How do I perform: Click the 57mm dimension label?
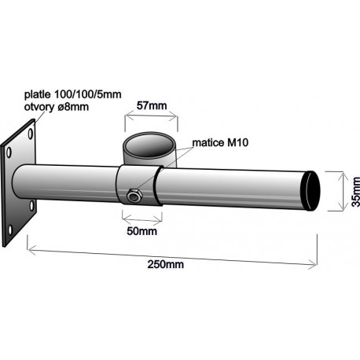[x=152, y=105]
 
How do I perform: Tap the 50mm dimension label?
[x=142, y=231]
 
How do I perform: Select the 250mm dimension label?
[x=166, y=264]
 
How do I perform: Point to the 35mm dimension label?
[x=355, y=192]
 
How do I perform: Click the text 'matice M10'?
[x=220, y=143]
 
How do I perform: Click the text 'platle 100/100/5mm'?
[x=73, y=94]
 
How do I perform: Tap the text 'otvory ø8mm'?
[x=57, y=107]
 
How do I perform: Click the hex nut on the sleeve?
[x=134, y=195]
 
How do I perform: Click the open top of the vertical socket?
[x=150, y=145]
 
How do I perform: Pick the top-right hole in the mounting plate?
[x=31, y=134]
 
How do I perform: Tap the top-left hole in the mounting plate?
[x=9, y=152]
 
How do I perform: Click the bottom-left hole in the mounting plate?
[x=10, y=230]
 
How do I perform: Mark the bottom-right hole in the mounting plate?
[x=32, y=206]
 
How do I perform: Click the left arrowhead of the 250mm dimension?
[x=31, y=250]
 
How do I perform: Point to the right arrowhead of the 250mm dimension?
[x=314, y=265]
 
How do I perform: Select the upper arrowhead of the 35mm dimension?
[x=343, y=175]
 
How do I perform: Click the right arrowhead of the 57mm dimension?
[x=174, y=116]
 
